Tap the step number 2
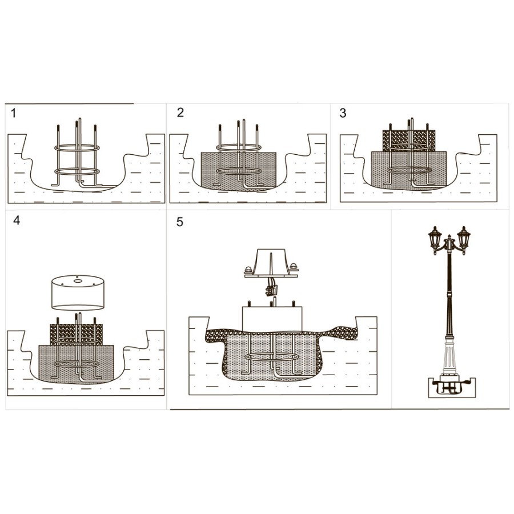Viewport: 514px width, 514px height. click(180, 113)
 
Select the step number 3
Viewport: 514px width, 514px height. click(343, 113)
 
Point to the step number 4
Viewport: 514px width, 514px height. click(17, 220)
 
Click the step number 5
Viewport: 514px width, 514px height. click(180, 222)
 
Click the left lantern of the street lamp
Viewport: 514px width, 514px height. click(435, 239)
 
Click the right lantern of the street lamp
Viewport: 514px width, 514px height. click(464, 239)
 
